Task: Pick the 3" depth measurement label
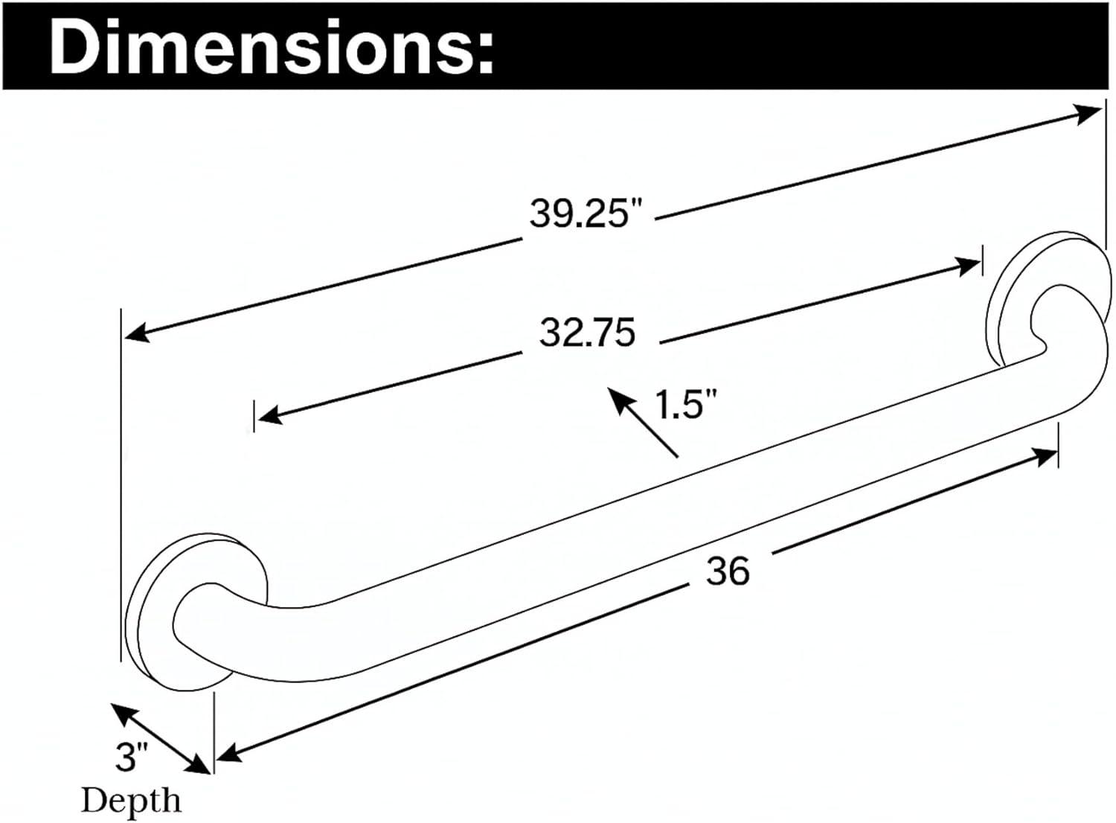pyautogui.click(x=132, y=757)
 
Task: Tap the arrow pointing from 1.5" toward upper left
pyautogui.click(x=642, y=422)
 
